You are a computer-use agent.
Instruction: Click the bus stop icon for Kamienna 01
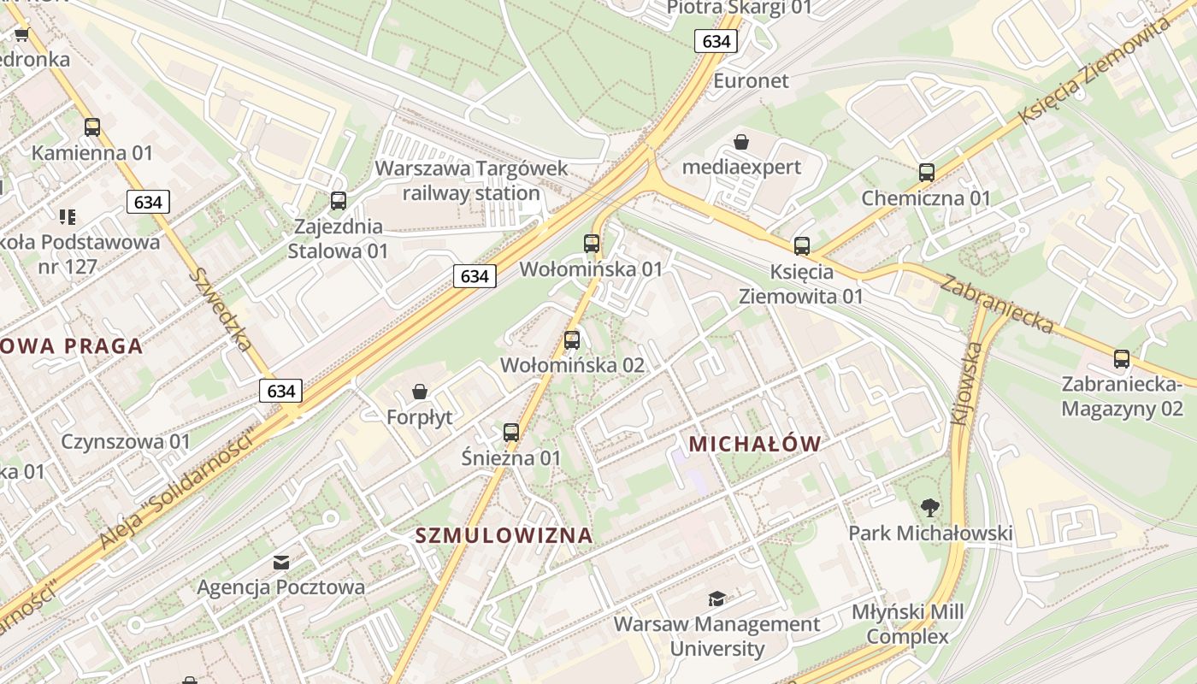[x=92, y=127]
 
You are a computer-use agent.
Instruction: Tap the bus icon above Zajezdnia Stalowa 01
[x=339, y=201]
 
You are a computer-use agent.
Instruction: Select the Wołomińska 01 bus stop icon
[x=592, y=243]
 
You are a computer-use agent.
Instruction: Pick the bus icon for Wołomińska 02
[x=572, y=339]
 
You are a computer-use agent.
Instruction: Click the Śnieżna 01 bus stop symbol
[x=511, y=432]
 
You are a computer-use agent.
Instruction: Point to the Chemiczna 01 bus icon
[x=926, y=172]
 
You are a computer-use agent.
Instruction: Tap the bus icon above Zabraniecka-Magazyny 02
[x=1122, y=358]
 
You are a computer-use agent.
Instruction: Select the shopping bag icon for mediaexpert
[x=741, y=141]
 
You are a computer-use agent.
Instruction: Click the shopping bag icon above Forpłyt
[x=420, y=392]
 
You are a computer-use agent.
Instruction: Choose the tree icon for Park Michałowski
[x=930, y=507]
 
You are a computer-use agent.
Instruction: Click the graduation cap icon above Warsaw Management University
[x=716, y=598]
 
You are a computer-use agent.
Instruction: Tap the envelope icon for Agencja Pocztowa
[x=280, y=562]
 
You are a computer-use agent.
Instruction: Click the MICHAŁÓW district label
[x=754, y=444]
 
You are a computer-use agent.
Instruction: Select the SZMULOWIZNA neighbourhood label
[x=504, y=536]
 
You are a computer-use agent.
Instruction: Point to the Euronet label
[x=751, y=81]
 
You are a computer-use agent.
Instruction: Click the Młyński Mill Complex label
[x=907, y=625]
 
